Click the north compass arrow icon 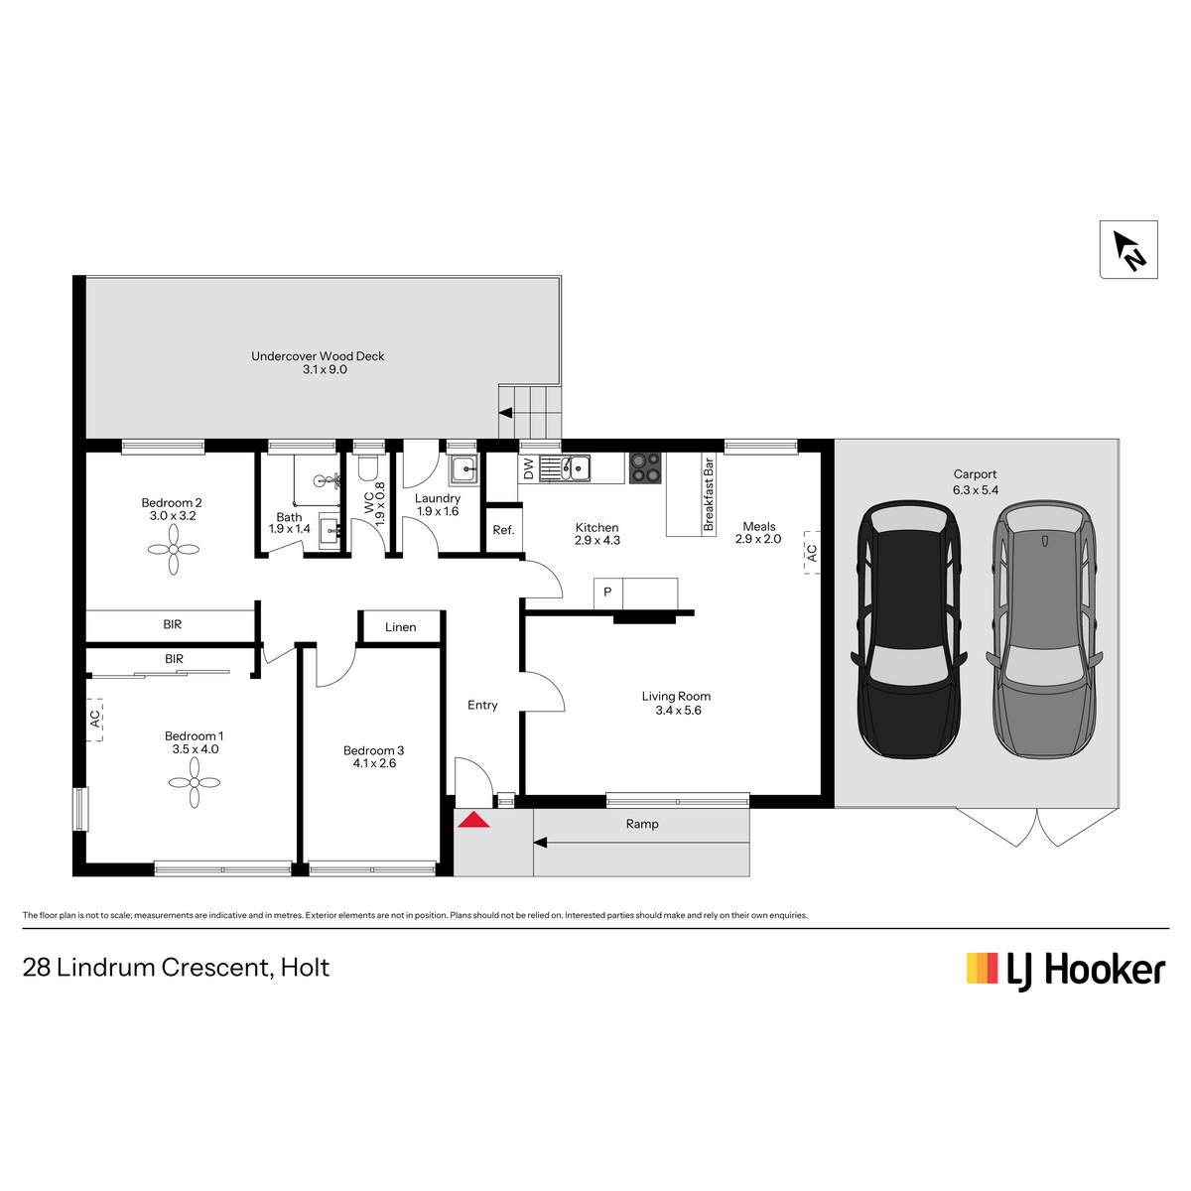1127,249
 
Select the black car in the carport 908,629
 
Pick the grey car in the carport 1044,629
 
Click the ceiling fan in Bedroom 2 174,549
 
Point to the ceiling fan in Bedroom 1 195,782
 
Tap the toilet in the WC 368,468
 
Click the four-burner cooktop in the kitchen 645,467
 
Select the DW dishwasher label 528,468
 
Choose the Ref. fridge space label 503,530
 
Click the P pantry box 607,593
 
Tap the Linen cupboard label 401,626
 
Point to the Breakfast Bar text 709,494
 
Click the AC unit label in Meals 812,553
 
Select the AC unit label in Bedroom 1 94,719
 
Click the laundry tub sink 463,469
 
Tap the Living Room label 676,696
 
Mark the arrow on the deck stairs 505,413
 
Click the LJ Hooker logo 1066,969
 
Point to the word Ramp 642,824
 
